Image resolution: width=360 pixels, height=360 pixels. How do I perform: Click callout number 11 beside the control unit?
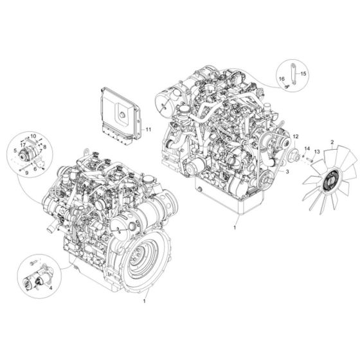coord(148,129)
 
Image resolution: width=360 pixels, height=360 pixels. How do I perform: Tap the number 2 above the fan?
coord(332,141)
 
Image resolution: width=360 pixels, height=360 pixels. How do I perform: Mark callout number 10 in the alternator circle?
coord(33,136)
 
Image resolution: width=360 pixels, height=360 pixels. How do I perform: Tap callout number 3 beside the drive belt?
coord(287,172)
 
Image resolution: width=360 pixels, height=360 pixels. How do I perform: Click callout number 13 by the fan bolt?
coord(316,152)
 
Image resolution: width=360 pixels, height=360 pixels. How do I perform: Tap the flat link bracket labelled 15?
coord(292,71)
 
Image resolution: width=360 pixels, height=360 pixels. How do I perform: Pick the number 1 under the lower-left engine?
coord(145,300)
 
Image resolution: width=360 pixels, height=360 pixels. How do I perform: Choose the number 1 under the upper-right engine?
coord(235,228)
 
